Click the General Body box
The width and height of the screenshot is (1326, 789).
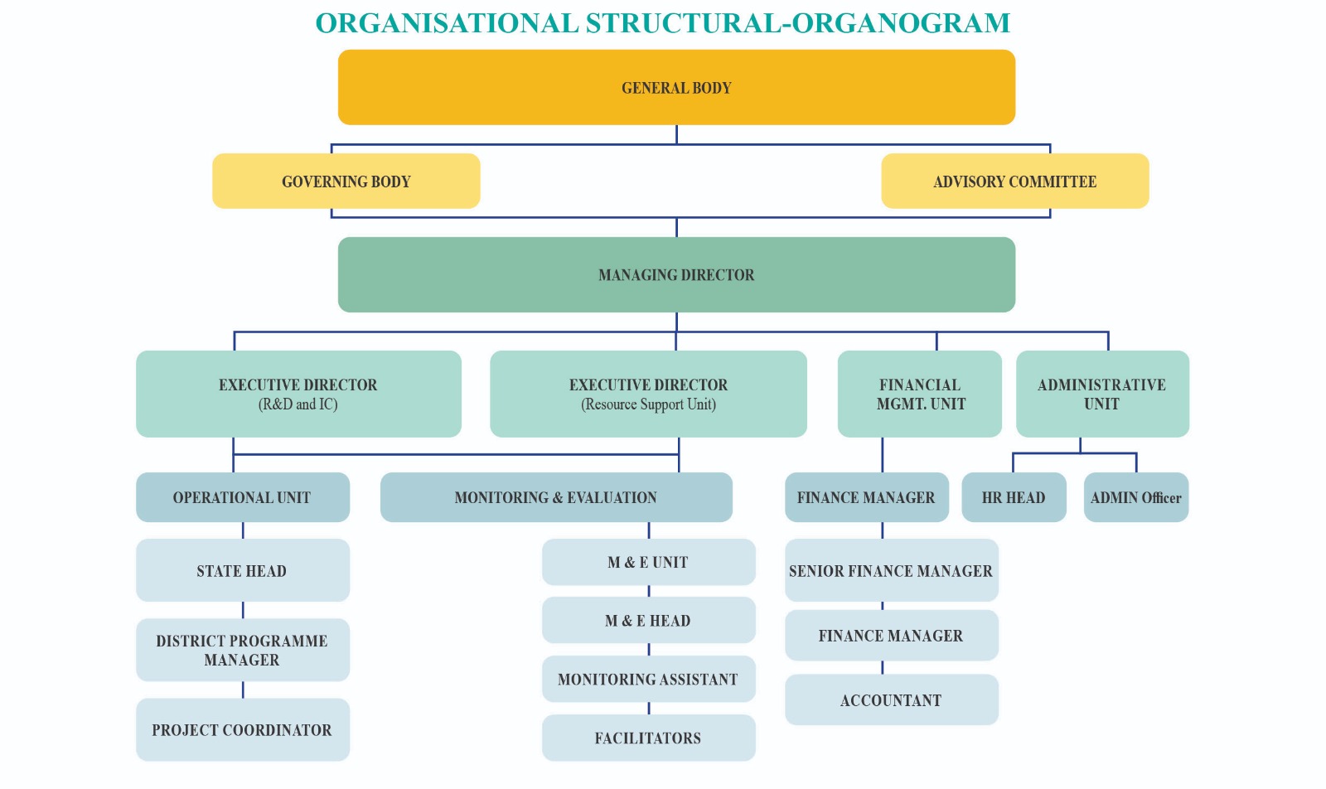coord(676,87)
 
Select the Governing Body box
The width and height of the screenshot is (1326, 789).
coord(346,181)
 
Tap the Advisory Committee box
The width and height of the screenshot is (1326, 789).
coord(1014,181)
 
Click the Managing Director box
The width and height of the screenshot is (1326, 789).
coord(676,274)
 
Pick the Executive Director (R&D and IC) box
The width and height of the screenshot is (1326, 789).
coord(298,394)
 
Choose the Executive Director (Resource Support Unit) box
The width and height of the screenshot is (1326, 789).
coord(648,394)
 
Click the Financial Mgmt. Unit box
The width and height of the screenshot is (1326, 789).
coord(920,394)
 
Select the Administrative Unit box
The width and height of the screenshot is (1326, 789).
coord(1102,394)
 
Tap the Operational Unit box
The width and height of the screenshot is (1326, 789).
coord(242,497)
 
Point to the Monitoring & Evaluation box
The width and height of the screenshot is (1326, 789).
coord(555,497)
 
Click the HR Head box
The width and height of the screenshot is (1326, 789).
coord(1014,497)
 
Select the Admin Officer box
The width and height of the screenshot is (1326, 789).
coord(1135,497)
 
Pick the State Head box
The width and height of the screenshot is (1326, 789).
coord(242,570)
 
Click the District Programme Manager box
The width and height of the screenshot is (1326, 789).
coord(242,650)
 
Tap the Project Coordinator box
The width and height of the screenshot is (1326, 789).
coord(242,729)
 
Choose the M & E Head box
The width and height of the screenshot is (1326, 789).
coord(648,620)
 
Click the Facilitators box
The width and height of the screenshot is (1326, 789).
coord(648,738)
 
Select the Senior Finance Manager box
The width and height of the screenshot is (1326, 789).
coord(891,570)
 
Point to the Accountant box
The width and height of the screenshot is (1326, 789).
coord(891,699)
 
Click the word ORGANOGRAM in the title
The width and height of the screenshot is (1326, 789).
coord(901,23)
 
